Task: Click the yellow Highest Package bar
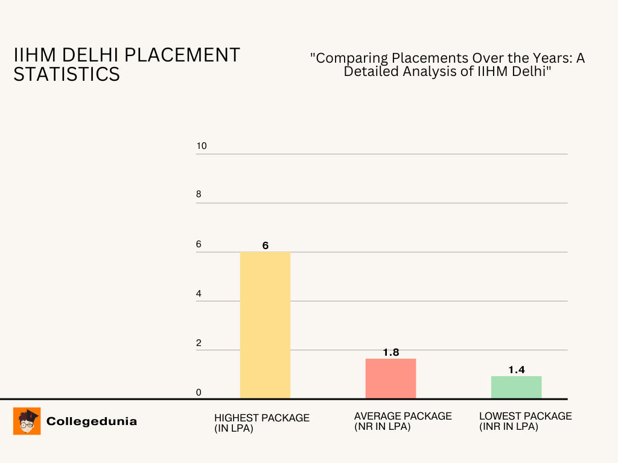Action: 265,325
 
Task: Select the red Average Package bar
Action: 390,379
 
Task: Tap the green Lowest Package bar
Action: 516,387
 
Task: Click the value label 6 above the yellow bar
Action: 265,245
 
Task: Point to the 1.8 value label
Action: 391,352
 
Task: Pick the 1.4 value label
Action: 516,370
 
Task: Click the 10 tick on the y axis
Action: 202,146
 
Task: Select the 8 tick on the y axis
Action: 199,195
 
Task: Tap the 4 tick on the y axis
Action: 199,294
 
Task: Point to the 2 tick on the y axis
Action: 199,343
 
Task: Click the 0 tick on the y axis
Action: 199,392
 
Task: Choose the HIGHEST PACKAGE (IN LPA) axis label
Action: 261,423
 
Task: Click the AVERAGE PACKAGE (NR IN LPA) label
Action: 403,421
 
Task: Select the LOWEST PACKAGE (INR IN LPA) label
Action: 525,421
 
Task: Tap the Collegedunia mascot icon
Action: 27,421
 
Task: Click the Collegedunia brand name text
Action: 92,421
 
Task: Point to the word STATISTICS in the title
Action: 66,74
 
